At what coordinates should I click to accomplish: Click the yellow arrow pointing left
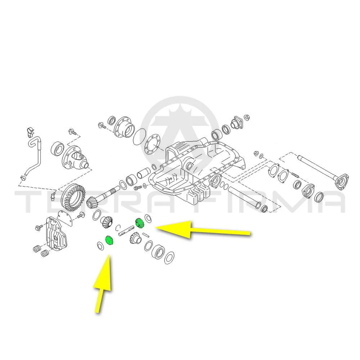[202, 230]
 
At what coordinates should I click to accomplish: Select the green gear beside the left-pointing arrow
[139, 223]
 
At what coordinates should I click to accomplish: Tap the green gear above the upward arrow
[109, 240]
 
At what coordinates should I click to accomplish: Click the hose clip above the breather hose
[30, 131]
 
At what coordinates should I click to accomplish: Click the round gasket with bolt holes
[152, 145]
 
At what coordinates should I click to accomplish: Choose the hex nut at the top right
[247, 118]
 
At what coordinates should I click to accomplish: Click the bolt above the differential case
[73, 132]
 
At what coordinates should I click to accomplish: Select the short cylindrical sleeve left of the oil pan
[144, 173]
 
